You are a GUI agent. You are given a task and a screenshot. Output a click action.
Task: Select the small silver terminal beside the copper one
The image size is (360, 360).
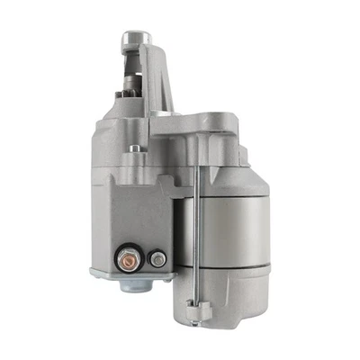pyautogui.click(x=157, y=259)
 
